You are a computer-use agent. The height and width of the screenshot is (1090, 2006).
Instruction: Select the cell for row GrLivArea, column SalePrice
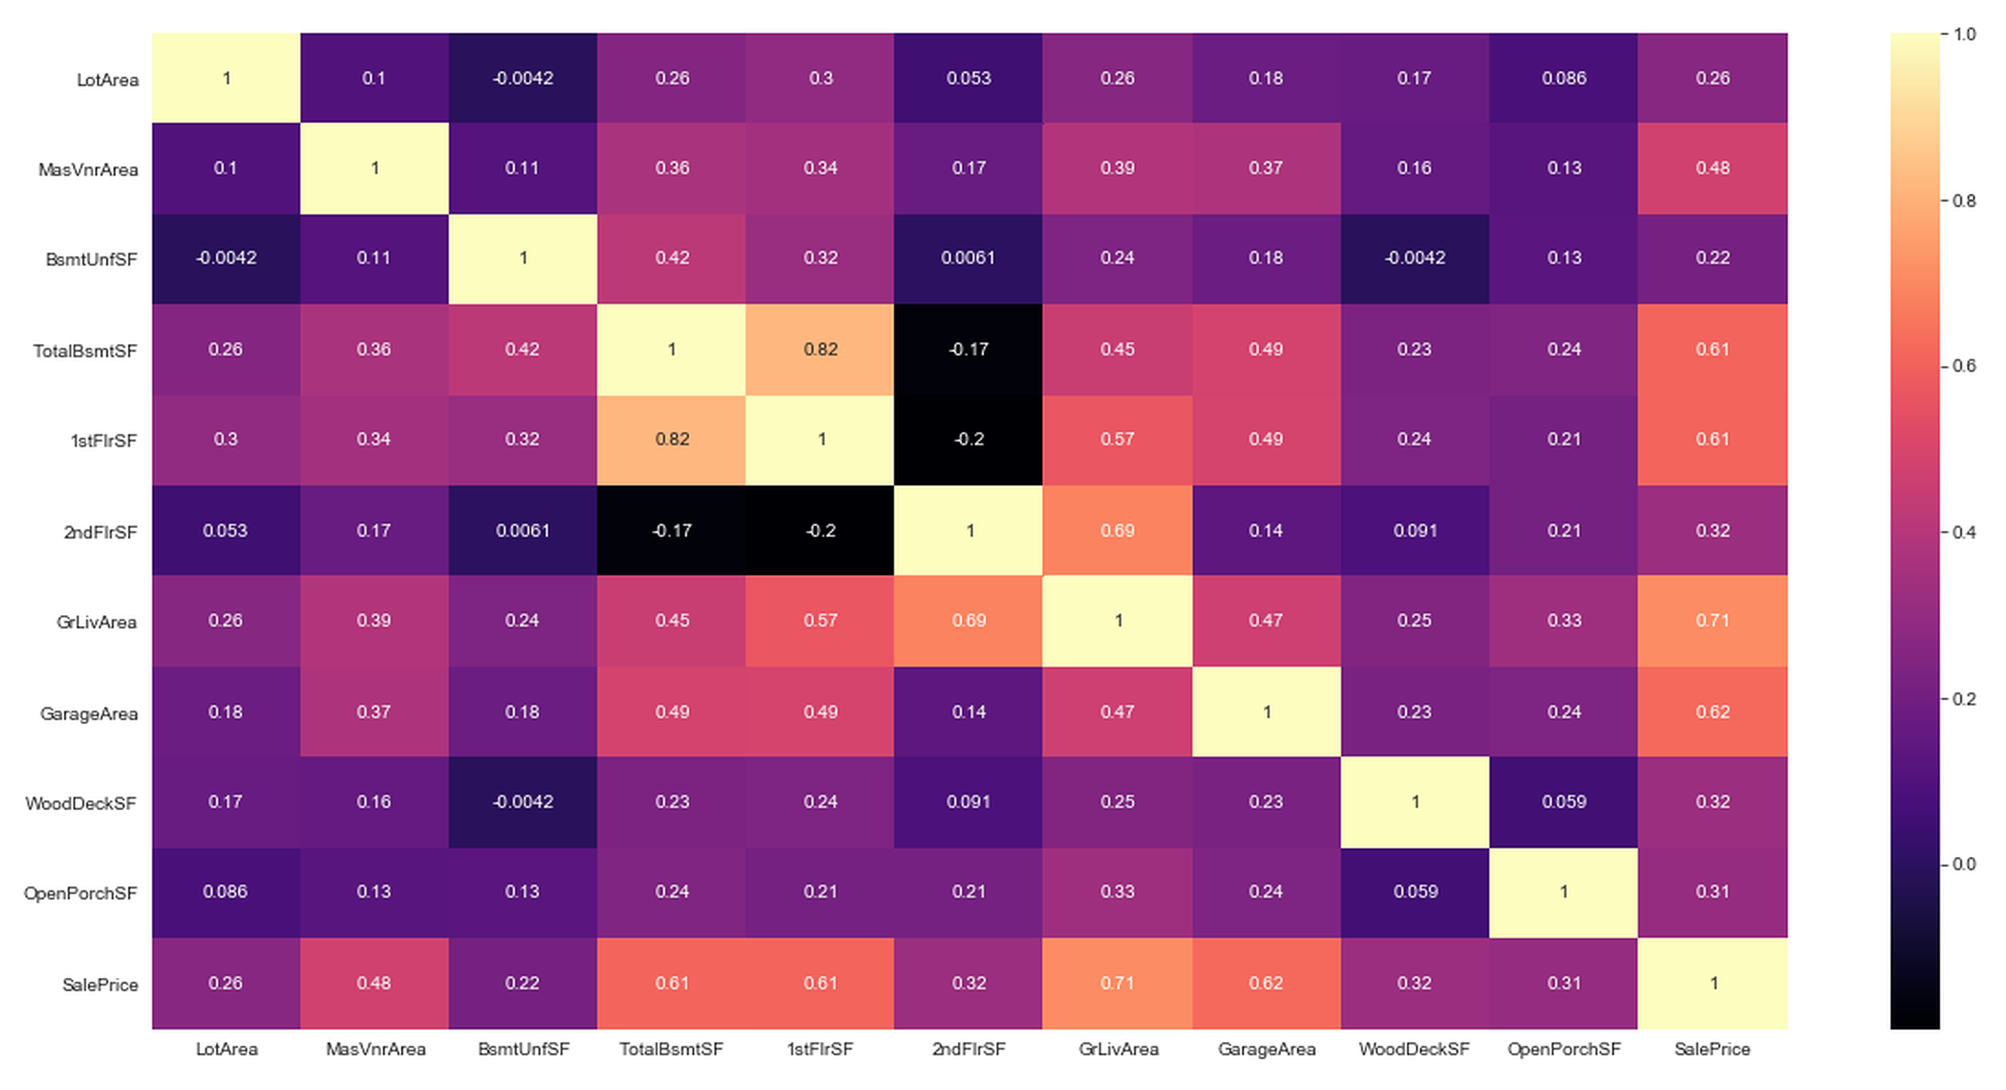point(1713,621)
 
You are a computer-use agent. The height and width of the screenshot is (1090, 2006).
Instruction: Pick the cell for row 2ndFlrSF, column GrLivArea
point(1117,530)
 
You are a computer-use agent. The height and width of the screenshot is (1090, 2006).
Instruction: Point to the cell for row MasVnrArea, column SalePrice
point(1713,168)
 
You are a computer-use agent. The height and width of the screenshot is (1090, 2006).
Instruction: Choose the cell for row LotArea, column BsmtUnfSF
point(523,78)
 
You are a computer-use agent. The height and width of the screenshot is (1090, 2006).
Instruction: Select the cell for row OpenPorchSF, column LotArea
point(226,892)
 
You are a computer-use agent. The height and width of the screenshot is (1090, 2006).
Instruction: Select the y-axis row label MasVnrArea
point(88,170)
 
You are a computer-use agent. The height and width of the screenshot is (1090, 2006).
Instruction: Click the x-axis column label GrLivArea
point(1118,1049)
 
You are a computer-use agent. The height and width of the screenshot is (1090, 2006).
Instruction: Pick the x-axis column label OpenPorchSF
point(1564,1049)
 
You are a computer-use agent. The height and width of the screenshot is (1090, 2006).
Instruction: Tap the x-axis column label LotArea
point(227,1049)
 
